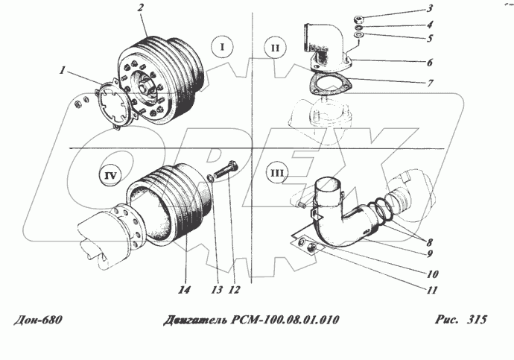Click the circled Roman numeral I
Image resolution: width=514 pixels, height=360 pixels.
(x=222, y=47)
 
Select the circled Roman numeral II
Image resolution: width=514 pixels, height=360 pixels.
(x=275, y=48)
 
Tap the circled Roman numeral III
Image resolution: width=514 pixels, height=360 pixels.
(x=277, y=173)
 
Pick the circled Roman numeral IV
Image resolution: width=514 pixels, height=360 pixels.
(x=110, y=176)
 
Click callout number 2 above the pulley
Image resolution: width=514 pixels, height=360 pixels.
(x=141, y=7)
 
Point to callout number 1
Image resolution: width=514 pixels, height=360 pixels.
(x=63, y=70)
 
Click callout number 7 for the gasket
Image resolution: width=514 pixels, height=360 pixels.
(x=430, y=82)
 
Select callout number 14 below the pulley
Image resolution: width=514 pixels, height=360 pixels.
(x=185, y=290)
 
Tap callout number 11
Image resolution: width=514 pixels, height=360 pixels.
(x=432, y=290)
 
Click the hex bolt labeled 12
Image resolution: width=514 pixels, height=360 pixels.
(x=225, y=169)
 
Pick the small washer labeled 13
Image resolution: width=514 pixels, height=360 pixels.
(x=210, y=178)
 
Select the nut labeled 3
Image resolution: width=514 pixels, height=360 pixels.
(x=358, y=18)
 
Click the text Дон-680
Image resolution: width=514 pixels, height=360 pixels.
(x=38, y=320)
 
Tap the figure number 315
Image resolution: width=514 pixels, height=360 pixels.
(x=477, y=319)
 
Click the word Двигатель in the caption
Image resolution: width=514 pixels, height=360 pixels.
(x=195, y=320)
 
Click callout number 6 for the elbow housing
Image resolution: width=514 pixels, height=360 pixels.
(x=430, y=63)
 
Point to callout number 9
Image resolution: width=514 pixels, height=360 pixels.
(x=430, y=253)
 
